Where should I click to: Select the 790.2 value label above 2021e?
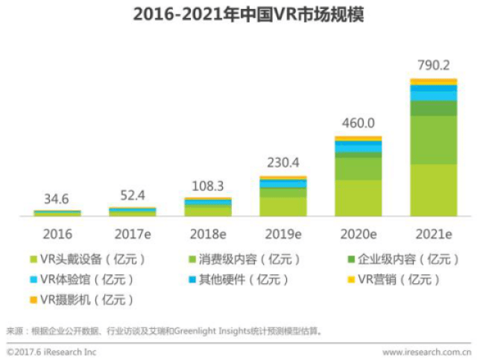point(433,65)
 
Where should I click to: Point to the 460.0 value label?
point(358,123)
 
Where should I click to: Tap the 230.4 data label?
point(282,162)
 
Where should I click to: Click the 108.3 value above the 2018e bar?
point(208,184)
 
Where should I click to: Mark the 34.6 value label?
point(57,199)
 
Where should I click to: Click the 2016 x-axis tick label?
point(57,233)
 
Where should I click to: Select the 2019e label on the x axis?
point(282,233)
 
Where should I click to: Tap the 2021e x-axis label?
point(433,233)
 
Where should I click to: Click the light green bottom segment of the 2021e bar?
point(433,190)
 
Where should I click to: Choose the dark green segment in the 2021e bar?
point(433,108)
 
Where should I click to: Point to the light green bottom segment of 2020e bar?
point(358,198)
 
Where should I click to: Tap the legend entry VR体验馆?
point(86,280)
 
